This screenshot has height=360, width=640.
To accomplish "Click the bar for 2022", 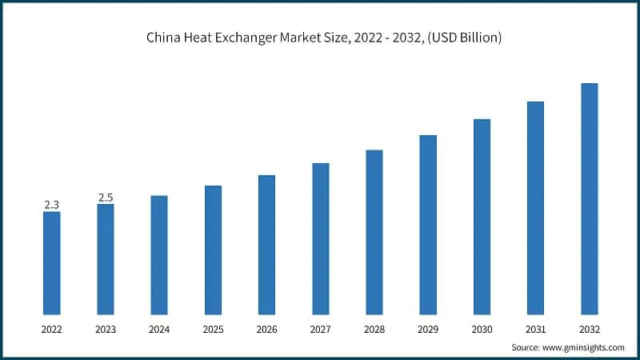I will pos(51,262).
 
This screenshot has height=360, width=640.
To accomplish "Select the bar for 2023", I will pos(106,259).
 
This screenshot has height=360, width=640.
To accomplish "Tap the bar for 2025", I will pos(213,250).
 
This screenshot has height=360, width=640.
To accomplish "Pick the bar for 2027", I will pos(320,238).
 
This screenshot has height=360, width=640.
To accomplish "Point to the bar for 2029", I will pos(428,224).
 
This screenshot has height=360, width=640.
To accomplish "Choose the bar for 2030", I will pos(482,216).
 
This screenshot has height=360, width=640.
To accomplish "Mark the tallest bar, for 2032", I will pos(589,198).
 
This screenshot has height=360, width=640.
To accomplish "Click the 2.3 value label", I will pos(51,205).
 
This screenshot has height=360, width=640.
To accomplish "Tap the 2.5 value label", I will pos(106,198).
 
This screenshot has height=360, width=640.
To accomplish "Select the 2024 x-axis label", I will pos(159,329).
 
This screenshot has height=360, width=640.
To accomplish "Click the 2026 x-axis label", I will pos(266,329).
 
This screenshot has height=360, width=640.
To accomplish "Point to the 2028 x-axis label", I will pos(374,329).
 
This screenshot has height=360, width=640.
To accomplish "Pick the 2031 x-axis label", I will pos(535,329).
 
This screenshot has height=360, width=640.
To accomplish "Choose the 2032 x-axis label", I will pos(589,329).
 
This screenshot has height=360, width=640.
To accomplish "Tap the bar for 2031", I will pos(535,208).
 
